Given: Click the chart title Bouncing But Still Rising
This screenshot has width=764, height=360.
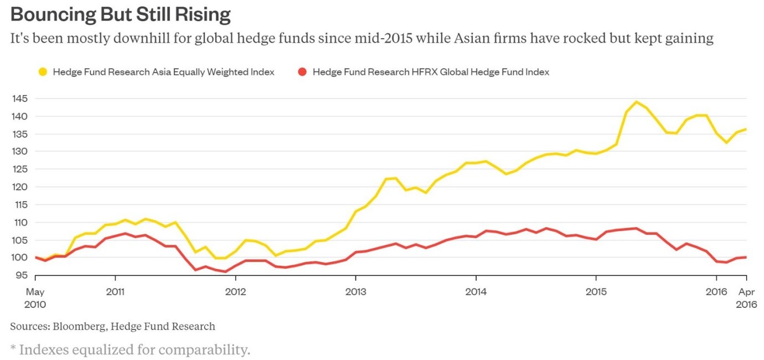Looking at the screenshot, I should click(120, 15).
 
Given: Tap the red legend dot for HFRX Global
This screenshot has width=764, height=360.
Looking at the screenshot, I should click(302, 72).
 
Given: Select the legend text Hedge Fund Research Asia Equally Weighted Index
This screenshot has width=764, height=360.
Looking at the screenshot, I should click(163, 72).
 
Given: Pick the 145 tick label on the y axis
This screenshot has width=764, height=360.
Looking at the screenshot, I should click(20, 99).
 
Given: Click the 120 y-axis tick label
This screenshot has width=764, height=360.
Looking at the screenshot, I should click(20, 187).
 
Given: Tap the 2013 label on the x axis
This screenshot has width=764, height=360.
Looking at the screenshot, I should click(355, 291).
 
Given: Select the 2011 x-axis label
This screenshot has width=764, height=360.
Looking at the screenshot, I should click(115, 291).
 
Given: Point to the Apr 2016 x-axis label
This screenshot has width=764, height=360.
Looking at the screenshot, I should click(746, 297).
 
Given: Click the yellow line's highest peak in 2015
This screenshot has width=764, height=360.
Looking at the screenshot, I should click(636, 102).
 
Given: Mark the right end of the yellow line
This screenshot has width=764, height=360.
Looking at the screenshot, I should click(746, 130).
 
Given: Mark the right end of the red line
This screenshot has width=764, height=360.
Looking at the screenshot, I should click(746, 257).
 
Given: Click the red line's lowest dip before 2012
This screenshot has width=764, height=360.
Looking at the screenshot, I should click(225, 271).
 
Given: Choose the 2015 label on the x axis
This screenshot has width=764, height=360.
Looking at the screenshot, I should click(596, 291).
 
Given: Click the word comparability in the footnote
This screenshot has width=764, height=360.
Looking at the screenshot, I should click(207, 351).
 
